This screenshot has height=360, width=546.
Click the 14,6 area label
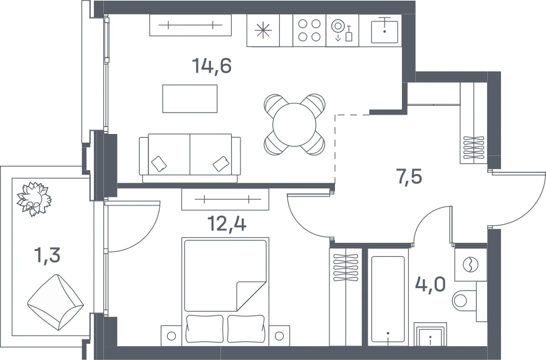[212, 66]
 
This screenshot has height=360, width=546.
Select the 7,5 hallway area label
[409, 176]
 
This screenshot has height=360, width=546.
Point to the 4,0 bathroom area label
[430, 284]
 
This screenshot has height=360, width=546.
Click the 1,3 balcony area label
[47, 255]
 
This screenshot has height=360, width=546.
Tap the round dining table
[294, 125]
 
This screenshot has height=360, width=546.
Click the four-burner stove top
[309, 30]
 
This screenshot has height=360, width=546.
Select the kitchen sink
[384, 31]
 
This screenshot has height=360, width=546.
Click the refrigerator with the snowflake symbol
[263, 30]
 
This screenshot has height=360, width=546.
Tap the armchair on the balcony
[56, 302]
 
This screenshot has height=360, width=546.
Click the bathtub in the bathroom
[388, 299]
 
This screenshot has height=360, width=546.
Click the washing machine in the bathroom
[470, 264]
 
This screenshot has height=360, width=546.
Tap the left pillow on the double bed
[205, 328]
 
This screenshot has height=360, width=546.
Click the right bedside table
[279, 336]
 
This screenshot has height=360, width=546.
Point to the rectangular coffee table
[190, 98]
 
